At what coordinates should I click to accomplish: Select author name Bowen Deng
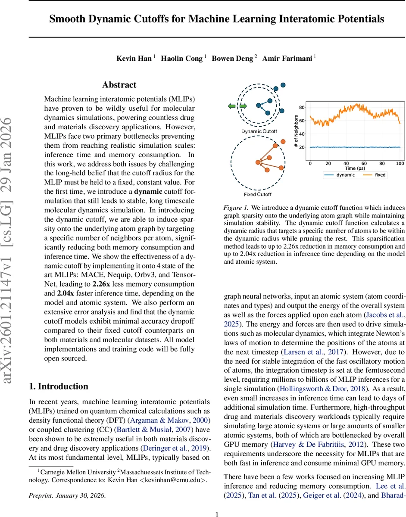[232, 59]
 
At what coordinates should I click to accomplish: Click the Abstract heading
[119, 85]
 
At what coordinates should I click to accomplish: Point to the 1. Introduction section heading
[58, 386]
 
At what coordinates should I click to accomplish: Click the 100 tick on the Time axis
[400, 164]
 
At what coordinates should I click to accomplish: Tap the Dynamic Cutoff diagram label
[259, 131]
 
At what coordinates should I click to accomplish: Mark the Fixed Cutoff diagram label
[258, 194]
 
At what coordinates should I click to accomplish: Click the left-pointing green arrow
[232, 106]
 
